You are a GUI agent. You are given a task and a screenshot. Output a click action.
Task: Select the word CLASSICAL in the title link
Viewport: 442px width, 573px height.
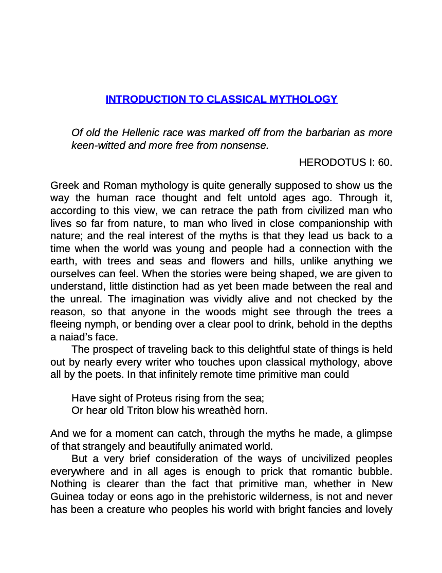235,99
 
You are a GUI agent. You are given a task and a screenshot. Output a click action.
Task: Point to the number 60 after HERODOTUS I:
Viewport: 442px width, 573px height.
385,163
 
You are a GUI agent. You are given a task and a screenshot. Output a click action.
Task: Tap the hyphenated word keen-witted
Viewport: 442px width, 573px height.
98,145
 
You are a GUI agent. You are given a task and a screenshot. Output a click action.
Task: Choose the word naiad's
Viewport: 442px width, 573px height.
75,337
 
